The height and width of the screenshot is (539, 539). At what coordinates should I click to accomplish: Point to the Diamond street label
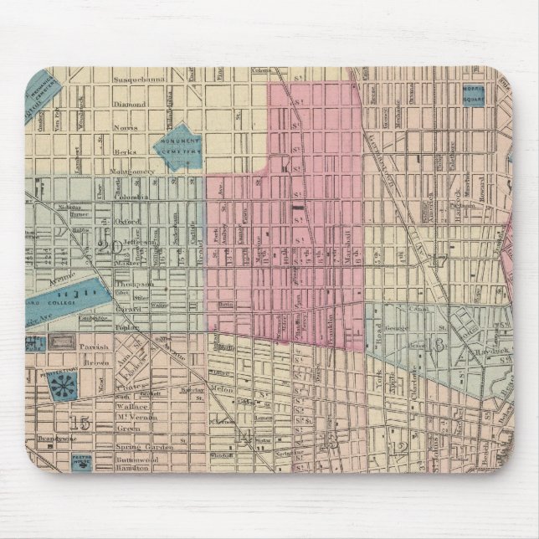tap(130, 105)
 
